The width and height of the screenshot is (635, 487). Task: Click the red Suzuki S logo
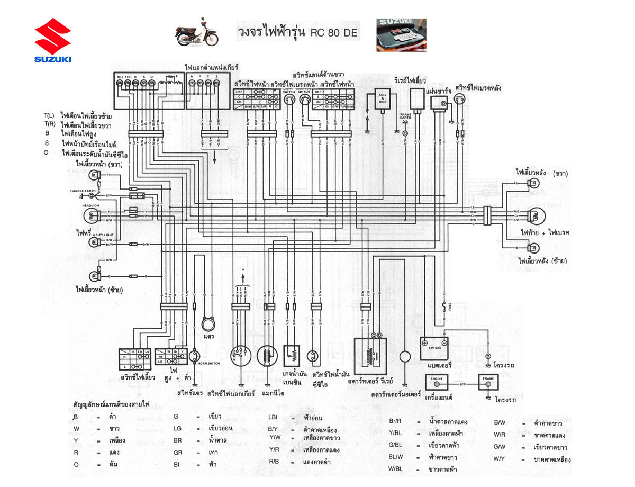[53, 35]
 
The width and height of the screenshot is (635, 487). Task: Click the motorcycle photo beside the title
[197, 32]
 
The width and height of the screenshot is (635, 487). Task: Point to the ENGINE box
[437, 383]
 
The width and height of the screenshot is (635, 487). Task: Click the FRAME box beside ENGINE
[489, 383]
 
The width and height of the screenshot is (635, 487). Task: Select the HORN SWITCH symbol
[196, 355]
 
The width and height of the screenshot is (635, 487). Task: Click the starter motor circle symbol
[405, 357]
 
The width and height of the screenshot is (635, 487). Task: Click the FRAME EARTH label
[405, 117]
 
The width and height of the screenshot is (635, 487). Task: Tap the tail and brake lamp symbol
[536, 215]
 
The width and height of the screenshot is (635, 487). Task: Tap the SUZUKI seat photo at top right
[401, 35]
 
